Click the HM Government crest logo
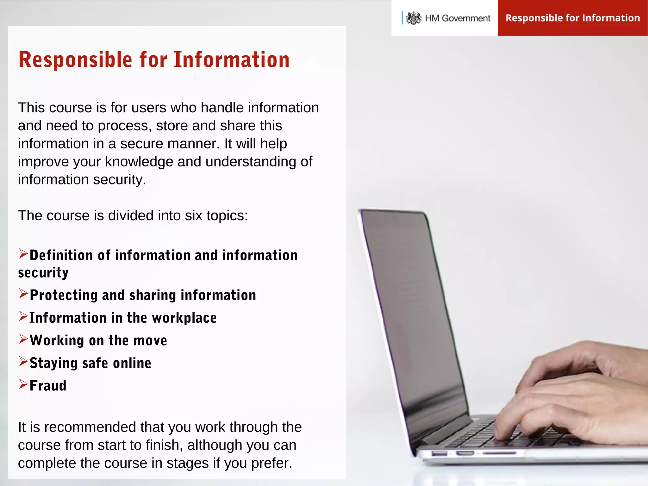414,18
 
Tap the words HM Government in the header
458,18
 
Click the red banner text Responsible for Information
573,18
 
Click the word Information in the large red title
232,59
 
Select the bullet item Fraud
48,386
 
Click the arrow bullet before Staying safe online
23,361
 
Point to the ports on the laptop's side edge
465,454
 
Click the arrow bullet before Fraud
23,384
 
